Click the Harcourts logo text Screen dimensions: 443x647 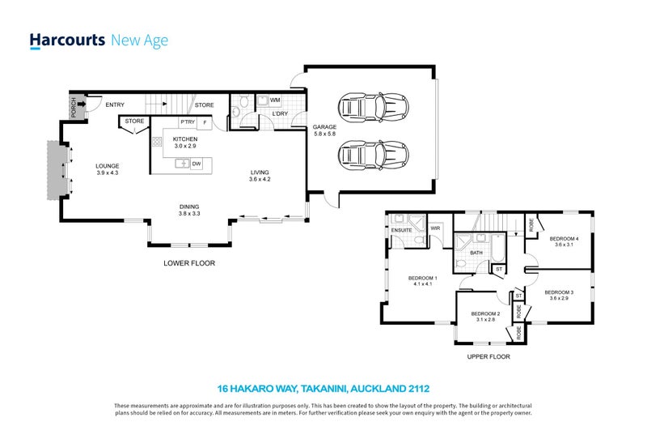(66, 40)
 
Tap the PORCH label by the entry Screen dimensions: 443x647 (73, 106)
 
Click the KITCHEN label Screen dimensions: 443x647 (184, 139)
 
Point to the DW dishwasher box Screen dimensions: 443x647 (197, 164)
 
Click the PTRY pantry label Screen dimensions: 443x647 (188, 122)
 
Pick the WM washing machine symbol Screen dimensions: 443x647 (275, 100)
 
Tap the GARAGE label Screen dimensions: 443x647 (324, 127)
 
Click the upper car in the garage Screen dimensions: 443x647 (369, 106)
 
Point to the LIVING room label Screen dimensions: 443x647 (259, 172)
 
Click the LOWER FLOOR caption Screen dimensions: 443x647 (189, 263)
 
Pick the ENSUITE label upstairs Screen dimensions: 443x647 (402, 230)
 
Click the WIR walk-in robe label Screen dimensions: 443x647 (434, 229)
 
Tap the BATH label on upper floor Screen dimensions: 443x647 (476, 253)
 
